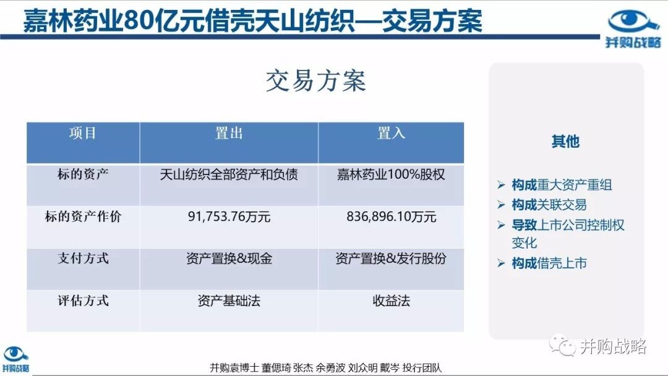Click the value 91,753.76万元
tap(229, 216)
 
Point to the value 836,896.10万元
tap(391, 216)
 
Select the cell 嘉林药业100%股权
tap(391, 174)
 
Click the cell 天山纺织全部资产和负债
tap(229, 174)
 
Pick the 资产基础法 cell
tap(229, 301)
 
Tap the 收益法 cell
tap(391, 301)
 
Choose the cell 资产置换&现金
tap(229, 258)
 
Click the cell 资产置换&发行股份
tap(391, 258)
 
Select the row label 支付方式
tap(83, 258)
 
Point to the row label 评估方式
tap(83, 301)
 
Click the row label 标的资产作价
tap(83, 216)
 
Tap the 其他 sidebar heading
tap(565, 142)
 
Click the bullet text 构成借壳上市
tap(549, 263)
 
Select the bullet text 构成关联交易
tap(549, 205)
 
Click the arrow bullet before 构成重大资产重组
tap(501, 185)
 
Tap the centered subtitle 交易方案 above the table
tap(315, 81)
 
